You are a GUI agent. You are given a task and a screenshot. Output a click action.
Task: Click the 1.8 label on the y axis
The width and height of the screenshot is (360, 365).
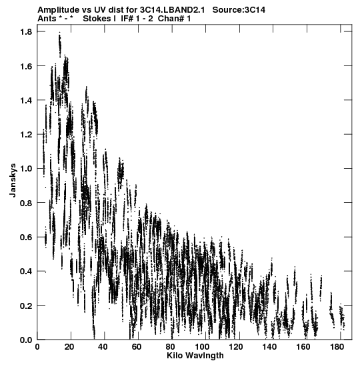pyautogui.click(x=26, y=31)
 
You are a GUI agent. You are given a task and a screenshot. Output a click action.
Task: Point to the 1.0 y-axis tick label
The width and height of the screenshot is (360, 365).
pyautogui.click(x=26, y=169)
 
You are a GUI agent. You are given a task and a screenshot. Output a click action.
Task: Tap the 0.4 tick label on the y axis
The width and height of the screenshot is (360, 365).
pyautogui.click(x=26, y=272)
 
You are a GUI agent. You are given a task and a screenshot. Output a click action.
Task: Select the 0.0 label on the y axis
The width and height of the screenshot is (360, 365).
pyautogui.click(x=26, y=340)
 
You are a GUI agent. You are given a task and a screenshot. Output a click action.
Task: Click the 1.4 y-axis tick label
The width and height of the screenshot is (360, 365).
pyautogui.click(x=26, y=100)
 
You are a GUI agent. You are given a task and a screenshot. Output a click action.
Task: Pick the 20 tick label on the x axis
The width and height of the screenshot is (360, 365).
pyautogui.click(x=69, y=347)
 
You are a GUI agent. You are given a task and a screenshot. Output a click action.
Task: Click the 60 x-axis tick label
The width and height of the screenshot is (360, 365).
pyautogui.click(x=137, y=347)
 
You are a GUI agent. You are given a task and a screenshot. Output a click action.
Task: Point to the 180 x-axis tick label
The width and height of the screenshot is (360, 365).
pyautogui.click(x=337, y=347)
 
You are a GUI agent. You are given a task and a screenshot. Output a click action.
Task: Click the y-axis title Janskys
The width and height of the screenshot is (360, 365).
pyautogui.click(x=13, y=180)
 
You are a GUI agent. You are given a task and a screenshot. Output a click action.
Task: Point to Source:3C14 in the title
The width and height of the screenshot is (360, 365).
pyautogui.click(x=239, y=10)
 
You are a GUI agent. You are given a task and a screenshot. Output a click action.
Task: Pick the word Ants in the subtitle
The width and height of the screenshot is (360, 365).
pyautogui.click(x=47, y=19)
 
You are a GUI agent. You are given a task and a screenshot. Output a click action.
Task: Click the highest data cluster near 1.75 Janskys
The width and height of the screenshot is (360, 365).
pyautogui.click(x=60, y=44)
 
